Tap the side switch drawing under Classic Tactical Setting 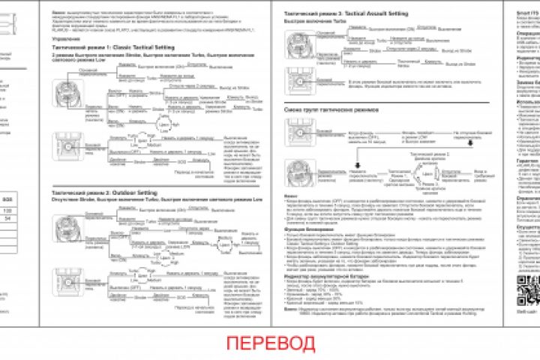63,142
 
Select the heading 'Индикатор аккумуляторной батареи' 315,273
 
